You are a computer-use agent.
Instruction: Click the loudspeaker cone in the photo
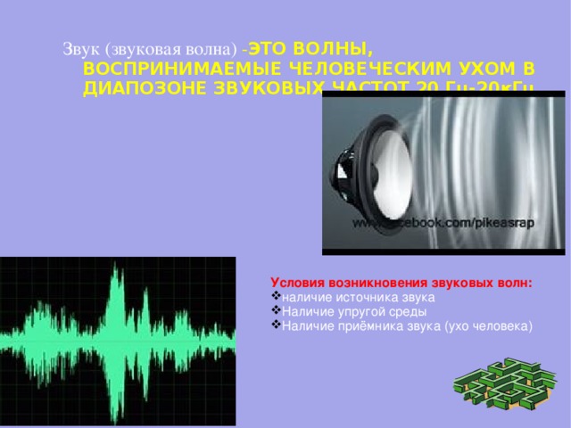coord(375,169)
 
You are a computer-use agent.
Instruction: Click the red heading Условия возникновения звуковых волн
coord(401,281)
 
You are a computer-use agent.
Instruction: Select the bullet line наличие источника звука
coord(358,296)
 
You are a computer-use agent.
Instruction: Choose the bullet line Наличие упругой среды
coord(353,311)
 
